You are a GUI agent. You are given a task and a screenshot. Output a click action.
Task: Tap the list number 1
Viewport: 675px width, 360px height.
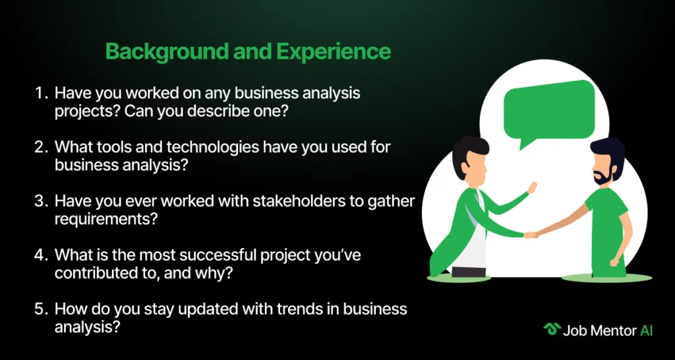pos(40,93)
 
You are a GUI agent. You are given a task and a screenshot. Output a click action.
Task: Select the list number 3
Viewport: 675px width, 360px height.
pos(40,201)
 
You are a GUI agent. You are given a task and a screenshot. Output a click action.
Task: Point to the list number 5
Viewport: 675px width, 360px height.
pos(40,309)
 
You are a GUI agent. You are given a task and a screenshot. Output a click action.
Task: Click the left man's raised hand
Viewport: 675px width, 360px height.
pos(532,187)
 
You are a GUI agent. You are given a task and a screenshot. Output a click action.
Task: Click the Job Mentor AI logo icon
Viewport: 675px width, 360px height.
pos(552,330)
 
